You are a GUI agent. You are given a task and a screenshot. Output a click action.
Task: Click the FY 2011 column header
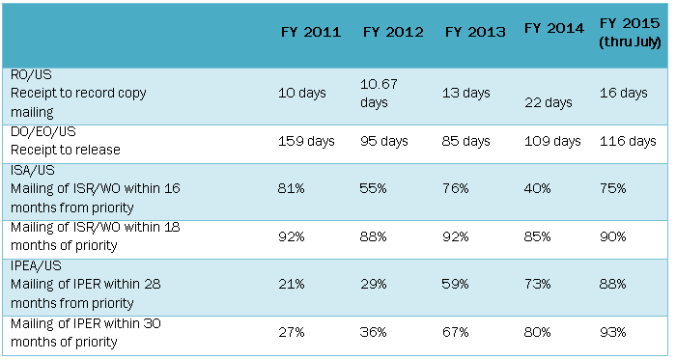310,32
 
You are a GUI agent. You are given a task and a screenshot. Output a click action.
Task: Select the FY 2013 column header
475,32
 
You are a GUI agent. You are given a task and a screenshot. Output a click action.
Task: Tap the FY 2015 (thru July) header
629,31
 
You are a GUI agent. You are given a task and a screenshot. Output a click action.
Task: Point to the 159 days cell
306,141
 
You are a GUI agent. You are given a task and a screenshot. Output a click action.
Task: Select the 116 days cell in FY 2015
628,141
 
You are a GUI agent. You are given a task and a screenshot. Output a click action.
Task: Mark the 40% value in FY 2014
539,190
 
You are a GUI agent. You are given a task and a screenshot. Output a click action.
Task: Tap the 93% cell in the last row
614,332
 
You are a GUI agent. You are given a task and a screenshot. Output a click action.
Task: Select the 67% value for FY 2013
456,332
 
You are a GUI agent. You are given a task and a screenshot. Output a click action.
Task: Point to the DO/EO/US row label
38,132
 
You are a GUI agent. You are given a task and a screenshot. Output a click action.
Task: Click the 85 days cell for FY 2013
468,141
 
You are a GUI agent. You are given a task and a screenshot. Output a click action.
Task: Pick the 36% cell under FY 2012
377,332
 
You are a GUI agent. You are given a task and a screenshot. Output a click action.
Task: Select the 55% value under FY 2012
377,190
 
